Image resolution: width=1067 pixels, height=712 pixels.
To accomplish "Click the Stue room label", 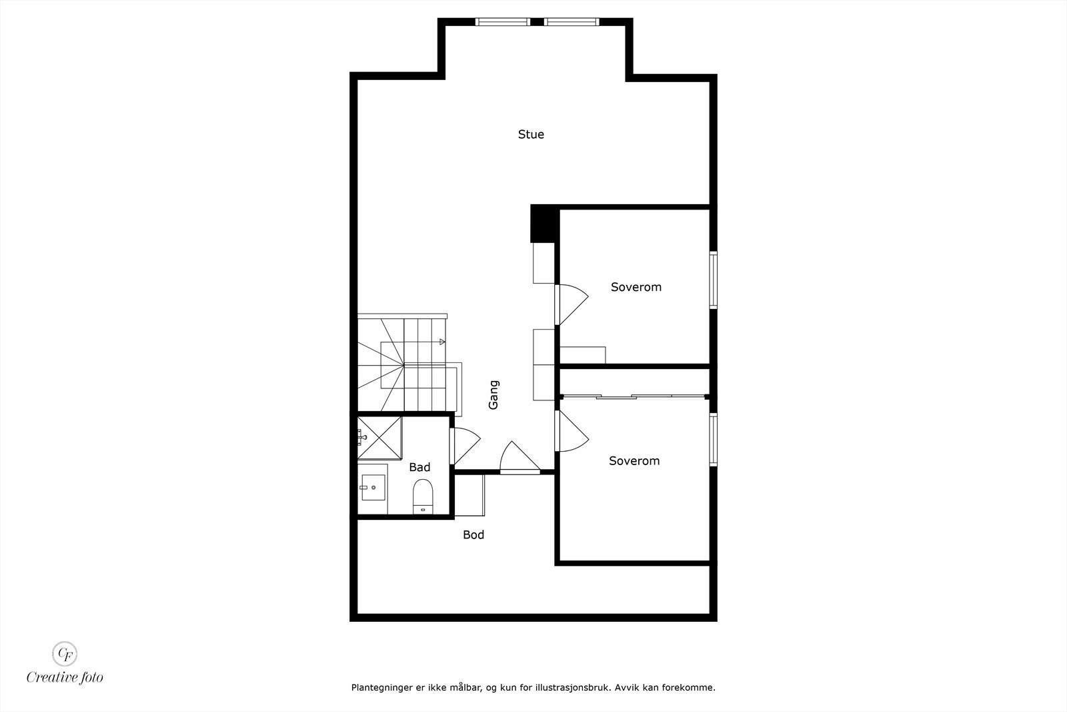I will coord(531,134).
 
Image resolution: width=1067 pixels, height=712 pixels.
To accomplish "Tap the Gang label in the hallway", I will coord(493,395).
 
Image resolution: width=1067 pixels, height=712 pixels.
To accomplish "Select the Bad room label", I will coord(419,467).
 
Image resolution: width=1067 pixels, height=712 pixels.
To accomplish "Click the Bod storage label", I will coord(473,535).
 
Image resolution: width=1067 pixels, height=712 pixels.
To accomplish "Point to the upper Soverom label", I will coord(636,287).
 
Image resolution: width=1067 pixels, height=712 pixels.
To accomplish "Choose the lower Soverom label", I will coord(634,460).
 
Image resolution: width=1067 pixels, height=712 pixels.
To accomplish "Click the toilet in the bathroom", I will coord(423,496).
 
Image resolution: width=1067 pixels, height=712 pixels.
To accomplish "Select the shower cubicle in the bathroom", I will coord(379,438).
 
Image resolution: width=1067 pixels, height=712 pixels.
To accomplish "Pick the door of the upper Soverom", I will coord(572,304).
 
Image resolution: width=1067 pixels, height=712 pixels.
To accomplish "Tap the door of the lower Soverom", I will coord(572,430).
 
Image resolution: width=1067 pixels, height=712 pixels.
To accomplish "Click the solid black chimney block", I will coord(543,224).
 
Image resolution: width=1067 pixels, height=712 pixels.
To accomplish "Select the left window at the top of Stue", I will coord(503,22).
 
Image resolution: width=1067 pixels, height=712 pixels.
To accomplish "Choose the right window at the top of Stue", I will coord(572,22).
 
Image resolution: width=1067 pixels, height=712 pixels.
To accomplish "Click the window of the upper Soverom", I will coord(713,280).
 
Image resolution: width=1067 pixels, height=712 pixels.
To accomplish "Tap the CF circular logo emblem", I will coord(65,653).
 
